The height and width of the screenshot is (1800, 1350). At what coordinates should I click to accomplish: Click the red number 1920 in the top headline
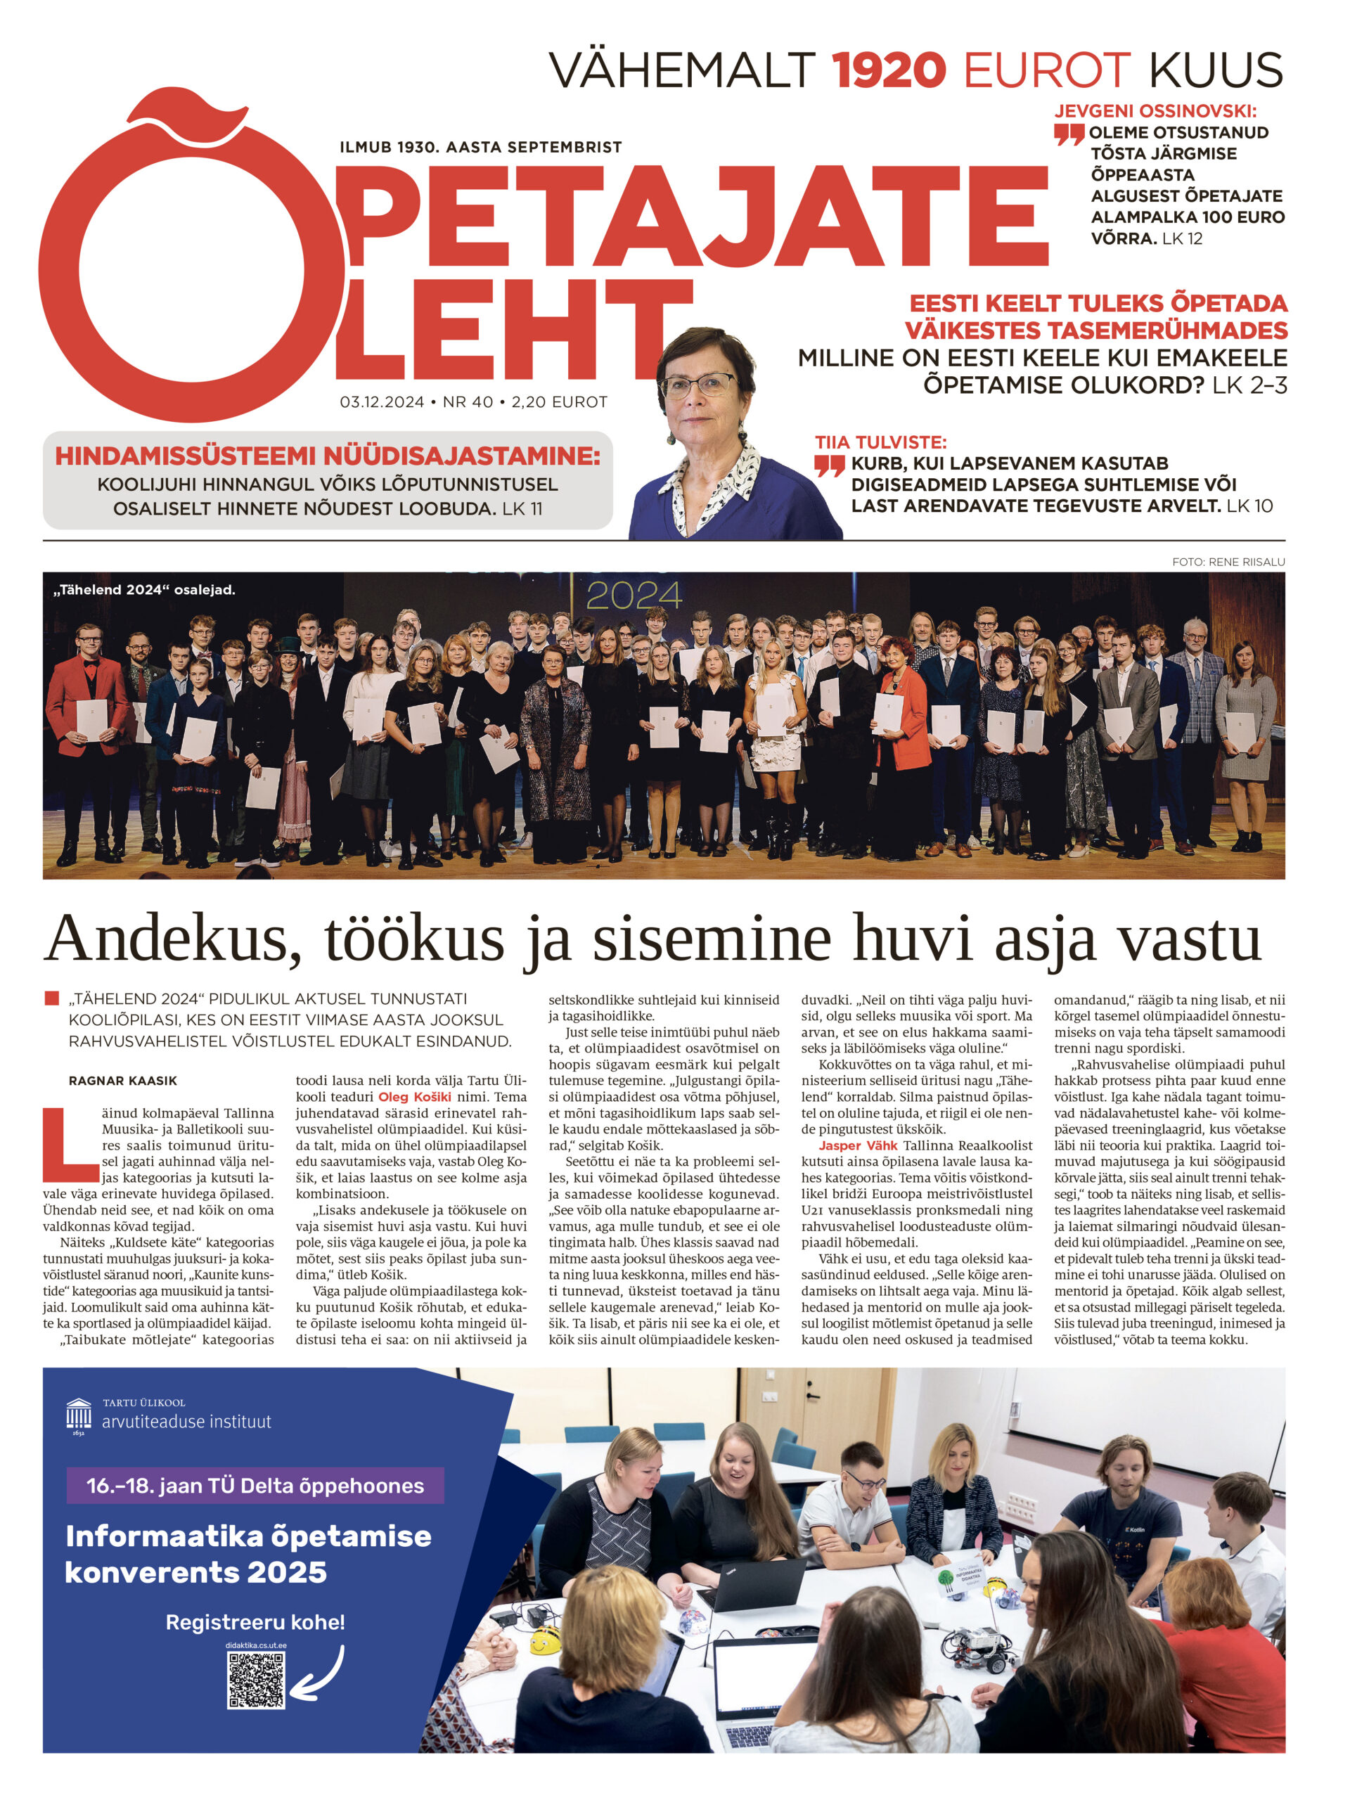(x=888, y=70)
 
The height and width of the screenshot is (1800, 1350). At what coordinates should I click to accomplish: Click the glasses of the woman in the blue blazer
(x=698, y=384)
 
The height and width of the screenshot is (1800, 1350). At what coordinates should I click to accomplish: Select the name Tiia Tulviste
(x=880, y=443)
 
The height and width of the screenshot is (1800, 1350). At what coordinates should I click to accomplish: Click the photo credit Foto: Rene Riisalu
(x=1228, y=562)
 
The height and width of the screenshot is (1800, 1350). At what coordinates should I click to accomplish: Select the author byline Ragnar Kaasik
(x=123, y=1081)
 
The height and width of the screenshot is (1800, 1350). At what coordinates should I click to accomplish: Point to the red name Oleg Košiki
(x=414, y=1097)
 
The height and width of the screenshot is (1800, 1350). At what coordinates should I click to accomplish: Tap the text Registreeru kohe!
(x=255, y=1622)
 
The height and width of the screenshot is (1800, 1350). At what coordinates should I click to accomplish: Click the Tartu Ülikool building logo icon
(x=78, y=1416)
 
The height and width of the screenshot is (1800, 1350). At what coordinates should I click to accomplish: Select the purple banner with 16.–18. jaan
(x=255, y=1485)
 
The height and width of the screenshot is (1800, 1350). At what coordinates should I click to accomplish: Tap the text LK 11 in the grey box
(x=522, y=508)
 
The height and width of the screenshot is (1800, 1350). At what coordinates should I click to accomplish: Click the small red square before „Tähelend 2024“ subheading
(x=52, y=998)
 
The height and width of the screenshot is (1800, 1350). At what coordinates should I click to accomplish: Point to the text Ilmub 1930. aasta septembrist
(x=480, y=147)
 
